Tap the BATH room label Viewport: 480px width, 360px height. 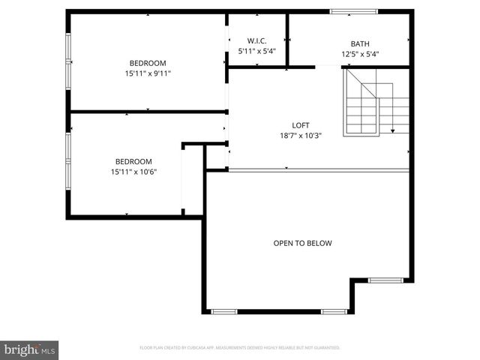click(x=360, y=43)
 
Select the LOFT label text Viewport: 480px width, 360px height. click(x=300, y=125)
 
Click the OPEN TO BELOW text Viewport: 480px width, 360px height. click(x=302, y=243)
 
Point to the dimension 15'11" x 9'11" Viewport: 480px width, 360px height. click(x=148, y=73)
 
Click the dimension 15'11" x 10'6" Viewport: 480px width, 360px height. click(x=133, y=172)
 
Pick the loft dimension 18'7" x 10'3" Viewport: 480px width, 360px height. click(x=300, y=136)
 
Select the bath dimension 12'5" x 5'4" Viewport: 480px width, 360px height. click(x=360, y=54)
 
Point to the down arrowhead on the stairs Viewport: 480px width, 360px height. click(x=392, y=130)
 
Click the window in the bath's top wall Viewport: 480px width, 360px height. click(x=354, y=11)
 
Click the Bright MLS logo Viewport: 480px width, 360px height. click(x=30, y=349)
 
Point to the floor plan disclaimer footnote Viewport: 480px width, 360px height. click(x=240, y=348)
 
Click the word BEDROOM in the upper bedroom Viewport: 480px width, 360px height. click(x=148, y=63)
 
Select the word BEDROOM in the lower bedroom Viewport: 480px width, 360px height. click(x=133, y=161)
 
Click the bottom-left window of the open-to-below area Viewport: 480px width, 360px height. click(x=224, y=311)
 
